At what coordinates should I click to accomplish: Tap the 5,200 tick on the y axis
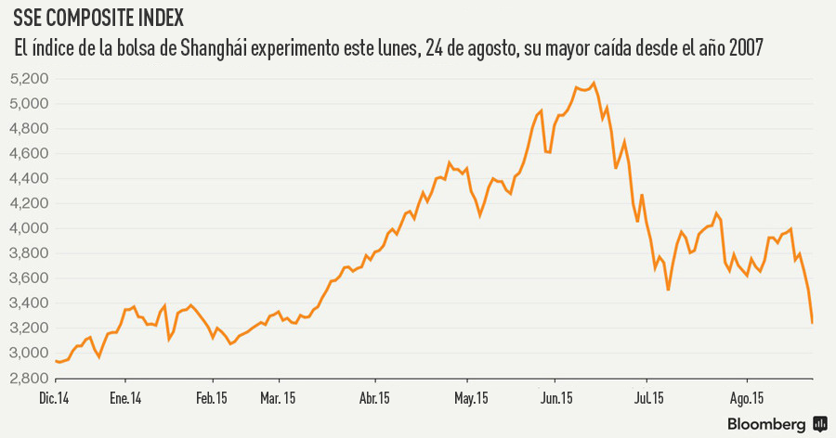pyautogui.click(x=32, y=79)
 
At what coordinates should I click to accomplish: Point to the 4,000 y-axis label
pyautogui.click(x=32, y=228)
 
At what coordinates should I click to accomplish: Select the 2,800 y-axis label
pyautogui.click(x=32, y=378)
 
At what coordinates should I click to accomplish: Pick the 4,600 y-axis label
pyautogui.click(x=32, y=154)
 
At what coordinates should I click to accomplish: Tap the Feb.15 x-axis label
pyautogui.click(x=213, y=399)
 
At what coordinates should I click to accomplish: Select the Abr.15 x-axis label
pyautogui.click(x=374, y=399)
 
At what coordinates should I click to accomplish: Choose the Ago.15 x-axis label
pyautogui.click(x=748, y=399)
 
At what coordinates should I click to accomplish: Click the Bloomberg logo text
pyautogui.click(x=765, y=423)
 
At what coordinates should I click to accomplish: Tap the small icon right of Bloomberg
pyautogui.click(x=820, y=423)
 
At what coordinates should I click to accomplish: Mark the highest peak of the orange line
pyautogui.click(x=594, y=83)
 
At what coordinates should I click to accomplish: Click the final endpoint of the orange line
pyautogui.click(x=812, y=323)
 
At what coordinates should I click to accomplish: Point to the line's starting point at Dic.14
pyautogui.click(x=56, y=361)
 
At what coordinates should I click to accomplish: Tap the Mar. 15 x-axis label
pyautogui.click(x=279, y=399)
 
